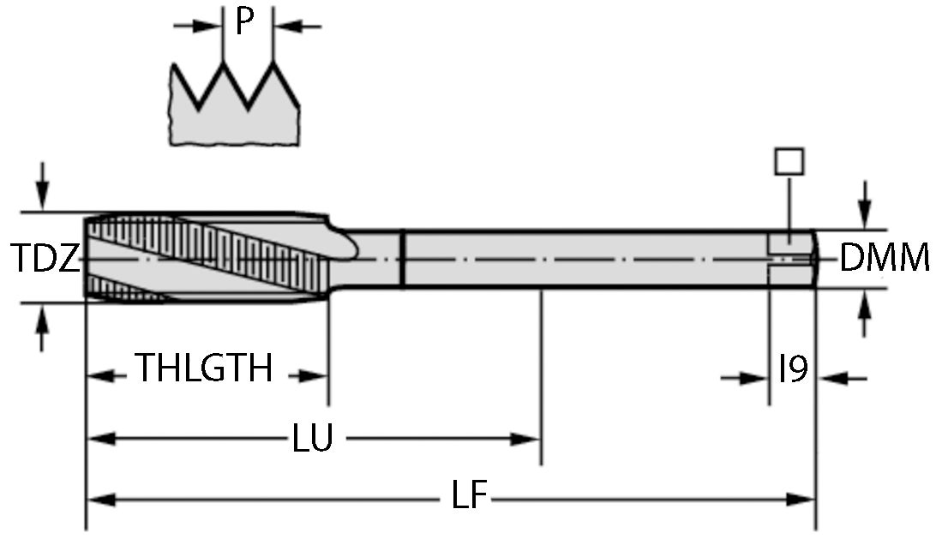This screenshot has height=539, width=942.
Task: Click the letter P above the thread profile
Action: [x=245, y=23]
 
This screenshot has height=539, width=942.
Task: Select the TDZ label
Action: [x=46, y=258]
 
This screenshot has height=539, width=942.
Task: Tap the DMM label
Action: [x=884, y=258]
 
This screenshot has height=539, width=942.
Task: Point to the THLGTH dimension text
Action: [x=205, y=369]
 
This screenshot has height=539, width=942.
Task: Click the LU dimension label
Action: [x=312, y=440]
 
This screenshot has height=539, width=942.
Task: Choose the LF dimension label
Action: [x=469, y=496]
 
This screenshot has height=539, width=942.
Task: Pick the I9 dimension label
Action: [x=793, y=370]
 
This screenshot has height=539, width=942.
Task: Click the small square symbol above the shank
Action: [x=788, y=161]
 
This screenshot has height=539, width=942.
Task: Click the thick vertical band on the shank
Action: [x=403, y=258]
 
